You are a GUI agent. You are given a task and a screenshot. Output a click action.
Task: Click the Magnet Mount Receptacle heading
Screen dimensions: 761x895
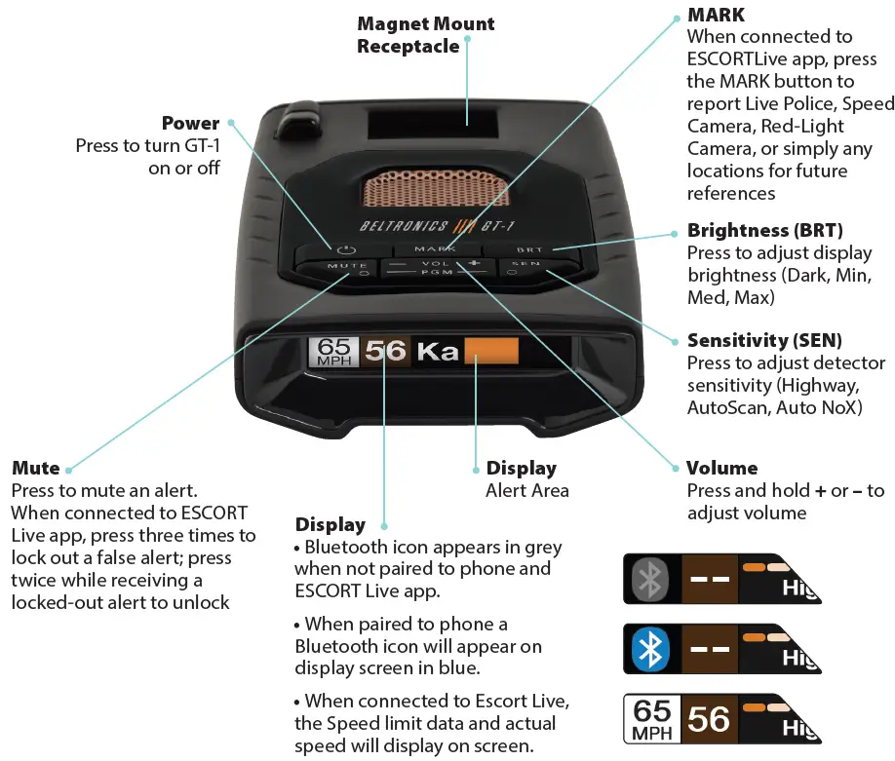tap(425, 34)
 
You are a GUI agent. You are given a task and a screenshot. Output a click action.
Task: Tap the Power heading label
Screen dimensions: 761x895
tap(190, 123)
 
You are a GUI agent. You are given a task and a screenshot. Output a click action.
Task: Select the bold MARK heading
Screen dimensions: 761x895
tap(716, 15)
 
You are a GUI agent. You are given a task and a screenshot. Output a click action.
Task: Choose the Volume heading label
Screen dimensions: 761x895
tap(721, 468)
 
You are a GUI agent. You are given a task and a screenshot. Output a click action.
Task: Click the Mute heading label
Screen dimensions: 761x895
tap(35, 468)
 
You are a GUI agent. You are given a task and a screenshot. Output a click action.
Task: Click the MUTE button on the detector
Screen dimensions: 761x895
tap(346, 265)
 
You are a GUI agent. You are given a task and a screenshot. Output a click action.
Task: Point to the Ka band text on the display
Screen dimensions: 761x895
tap(438, 351)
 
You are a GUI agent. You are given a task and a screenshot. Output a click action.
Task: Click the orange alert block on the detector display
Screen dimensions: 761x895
tap(491, 351)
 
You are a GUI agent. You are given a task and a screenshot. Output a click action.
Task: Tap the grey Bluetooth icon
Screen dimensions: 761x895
tap(651, 578)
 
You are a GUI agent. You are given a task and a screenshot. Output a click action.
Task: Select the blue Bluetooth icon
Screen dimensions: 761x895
tap(651, 648)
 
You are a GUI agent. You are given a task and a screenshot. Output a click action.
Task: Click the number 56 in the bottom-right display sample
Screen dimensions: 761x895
tap(709, 719)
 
